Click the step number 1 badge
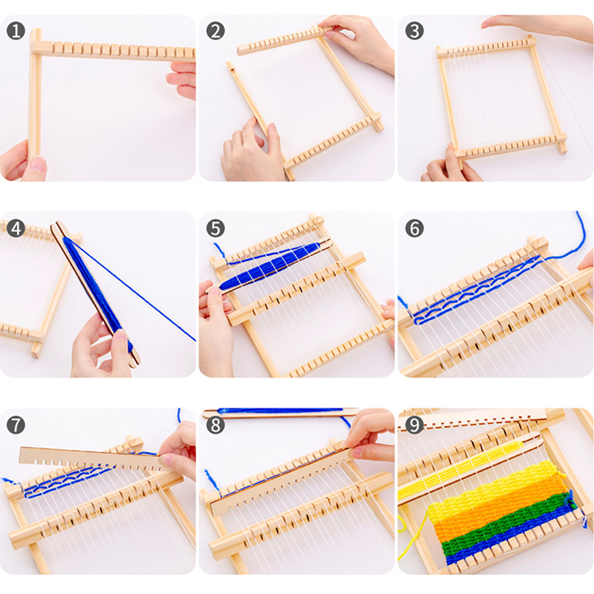tap(16, 31)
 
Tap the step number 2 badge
tap(215, 31)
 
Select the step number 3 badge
tap(414, 31)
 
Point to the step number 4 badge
tap(16, 229)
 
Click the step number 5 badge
tap(215, 229)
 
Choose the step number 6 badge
tap(414, 229)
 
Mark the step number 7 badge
tap(16, 425)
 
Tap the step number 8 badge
tap(215, 425)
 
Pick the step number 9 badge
tap(414, 425)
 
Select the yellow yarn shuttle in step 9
tap(470, 470)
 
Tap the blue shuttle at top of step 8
tap(281, 413)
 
